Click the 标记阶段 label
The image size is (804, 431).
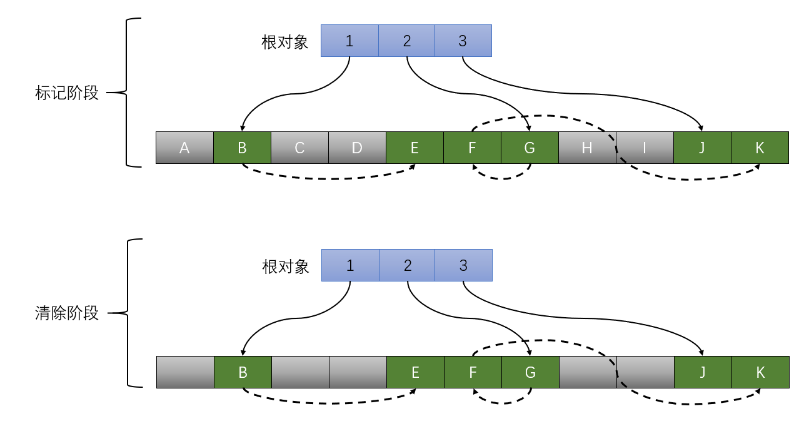(x=67, y=93)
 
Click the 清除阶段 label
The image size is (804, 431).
(x=67, y=313)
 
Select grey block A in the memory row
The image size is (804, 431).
(x=184, y=148)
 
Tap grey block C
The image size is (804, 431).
(x=299, y=148)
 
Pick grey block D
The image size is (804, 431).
(x=357, y=148)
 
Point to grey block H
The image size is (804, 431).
(x=586, y=148)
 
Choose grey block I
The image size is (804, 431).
(x=645, y=148)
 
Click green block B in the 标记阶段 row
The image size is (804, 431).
(x=242, y=148)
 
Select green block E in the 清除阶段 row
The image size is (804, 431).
(x=415, y=372)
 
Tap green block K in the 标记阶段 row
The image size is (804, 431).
(x=760, y=148)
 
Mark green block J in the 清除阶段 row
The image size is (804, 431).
(x=703, y=372)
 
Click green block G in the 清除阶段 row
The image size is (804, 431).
(x=530, y=372)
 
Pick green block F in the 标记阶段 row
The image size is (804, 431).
(x=472, y=148)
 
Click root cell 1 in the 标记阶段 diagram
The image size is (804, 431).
(x=349, y=41)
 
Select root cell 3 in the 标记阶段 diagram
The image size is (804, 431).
(x=463, y=41)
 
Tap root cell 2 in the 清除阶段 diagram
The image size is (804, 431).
(x=408, y=265)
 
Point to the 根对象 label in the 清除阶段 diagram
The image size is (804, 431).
(x=286, y=266)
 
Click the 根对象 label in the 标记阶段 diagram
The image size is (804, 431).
(x=285, y=42)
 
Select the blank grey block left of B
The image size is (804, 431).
(x=185, y=372)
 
